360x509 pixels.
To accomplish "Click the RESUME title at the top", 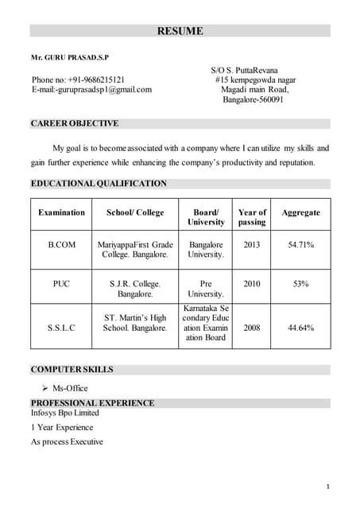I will coord(180,32).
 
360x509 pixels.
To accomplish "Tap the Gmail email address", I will coord(91,90).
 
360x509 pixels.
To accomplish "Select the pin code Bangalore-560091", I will coord(253,100).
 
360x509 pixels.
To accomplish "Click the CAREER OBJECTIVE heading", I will coord(75,123).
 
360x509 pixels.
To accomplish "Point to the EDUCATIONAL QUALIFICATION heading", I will coord(99,184).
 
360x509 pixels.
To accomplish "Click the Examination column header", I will coord(61,213).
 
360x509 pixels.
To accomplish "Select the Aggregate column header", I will coord(300,213).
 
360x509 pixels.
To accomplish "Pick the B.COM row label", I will coord(61,245).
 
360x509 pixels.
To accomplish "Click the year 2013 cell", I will coord(251,245).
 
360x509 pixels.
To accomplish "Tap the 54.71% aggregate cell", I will coord(300,245).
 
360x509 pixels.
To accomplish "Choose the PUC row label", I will coord(61,284).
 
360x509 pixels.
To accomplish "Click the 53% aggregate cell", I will coord(300,284).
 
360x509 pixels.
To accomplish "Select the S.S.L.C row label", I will coord(61,328).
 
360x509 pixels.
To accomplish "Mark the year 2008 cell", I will coord(251,328).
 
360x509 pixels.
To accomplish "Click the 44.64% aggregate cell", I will coord(300,328).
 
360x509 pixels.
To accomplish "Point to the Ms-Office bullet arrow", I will coord(45,389).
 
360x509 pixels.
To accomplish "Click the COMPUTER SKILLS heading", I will coord(72,370).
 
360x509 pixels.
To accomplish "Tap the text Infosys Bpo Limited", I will coord(65,414).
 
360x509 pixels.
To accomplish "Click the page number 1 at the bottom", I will coord(327,486).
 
